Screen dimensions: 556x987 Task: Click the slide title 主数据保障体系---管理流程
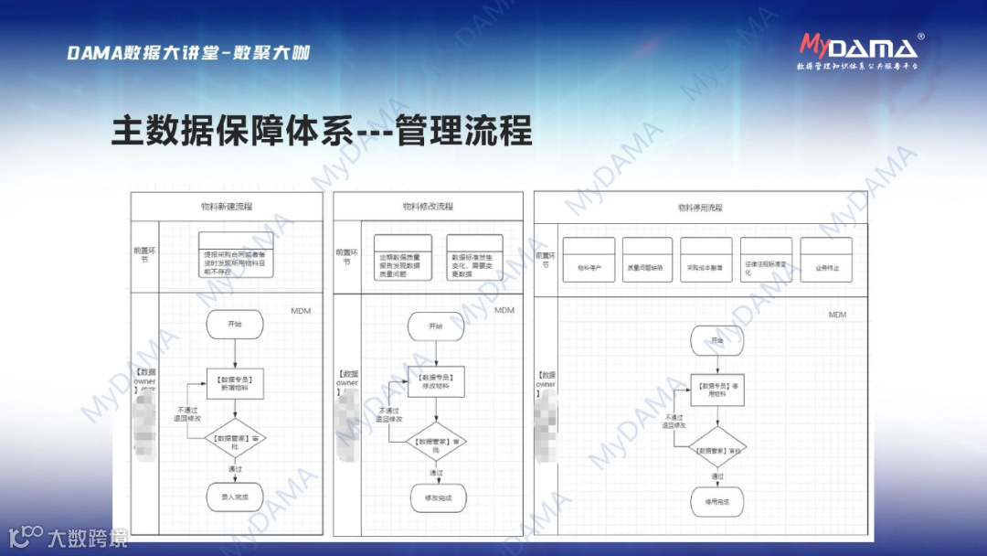(x=322, y=131)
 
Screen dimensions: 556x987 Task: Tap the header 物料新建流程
(x=227, y=207)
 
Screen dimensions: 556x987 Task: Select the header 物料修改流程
(x=428, y=207)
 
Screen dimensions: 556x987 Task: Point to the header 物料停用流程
(x=700, y=208)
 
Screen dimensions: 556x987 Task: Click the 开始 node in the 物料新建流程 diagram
(x=235, y=324)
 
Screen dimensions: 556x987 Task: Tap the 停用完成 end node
(x=717, y=502)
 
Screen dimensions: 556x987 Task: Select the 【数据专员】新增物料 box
(x=235, y=383)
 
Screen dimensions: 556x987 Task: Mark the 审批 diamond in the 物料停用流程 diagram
(x=717, y=449)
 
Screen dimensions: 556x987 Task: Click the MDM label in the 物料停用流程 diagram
(x=837, y=315)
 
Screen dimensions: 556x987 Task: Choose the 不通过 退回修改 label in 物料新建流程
(x=189, y=414)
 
